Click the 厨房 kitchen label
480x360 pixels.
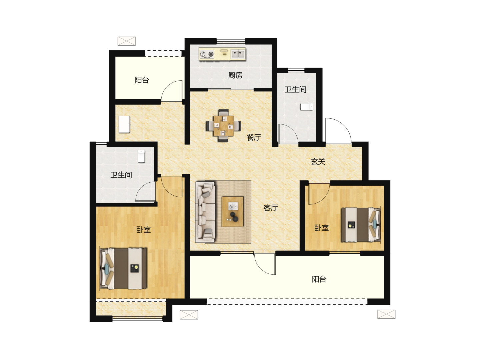(235, 75)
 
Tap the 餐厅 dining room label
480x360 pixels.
(254, 137)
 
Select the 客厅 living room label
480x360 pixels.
(271, 208)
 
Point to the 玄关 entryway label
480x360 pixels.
(318, 162)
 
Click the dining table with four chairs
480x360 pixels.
(223, 125)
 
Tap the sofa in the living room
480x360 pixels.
(205, 212)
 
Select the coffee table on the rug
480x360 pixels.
(232, 211)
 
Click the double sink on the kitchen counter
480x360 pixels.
(238, 54)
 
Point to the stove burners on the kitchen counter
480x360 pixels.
(206, 54)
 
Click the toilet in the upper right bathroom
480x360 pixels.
(307, 107)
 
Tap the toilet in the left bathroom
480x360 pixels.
(141, 156)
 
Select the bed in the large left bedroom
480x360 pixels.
(123, 268)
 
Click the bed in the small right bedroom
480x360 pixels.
(361, 224)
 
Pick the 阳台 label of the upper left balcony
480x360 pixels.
(142, 80)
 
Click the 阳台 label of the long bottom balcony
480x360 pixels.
(319, 279)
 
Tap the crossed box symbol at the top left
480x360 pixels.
(127, 41)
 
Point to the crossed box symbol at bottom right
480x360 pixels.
(386, 314)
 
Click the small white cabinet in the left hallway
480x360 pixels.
(124, 124)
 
